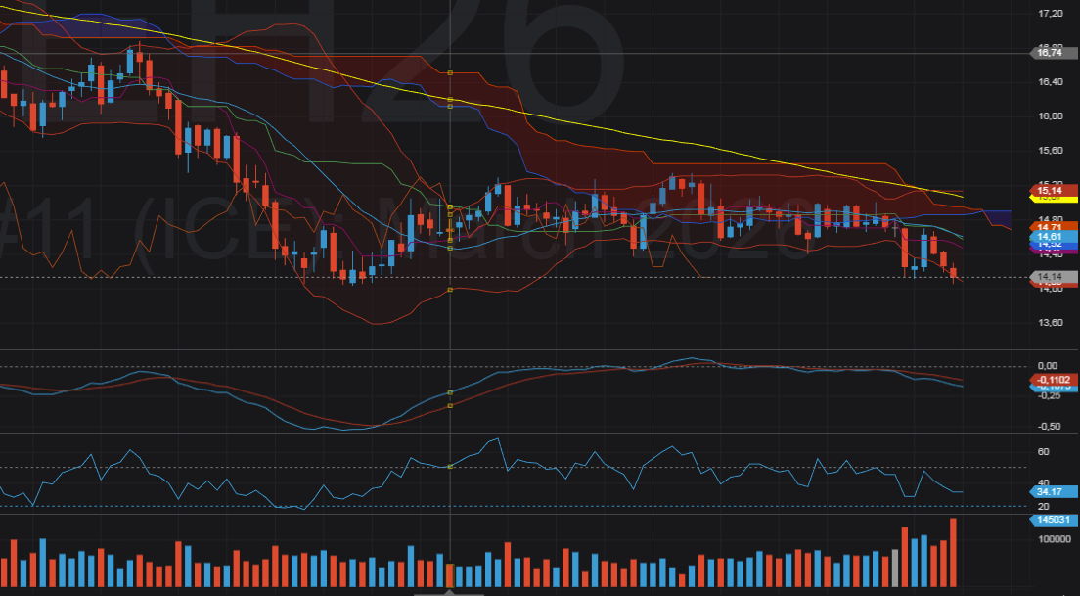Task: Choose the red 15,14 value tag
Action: (1051, 190)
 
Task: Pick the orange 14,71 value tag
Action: (1051, 227)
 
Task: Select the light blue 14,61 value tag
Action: (1051, 237)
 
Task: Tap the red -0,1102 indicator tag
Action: (1053, 379)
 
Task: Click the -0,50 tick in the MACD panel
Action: (1049, 426)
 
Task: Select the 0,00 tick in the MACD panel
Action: (1049, 365)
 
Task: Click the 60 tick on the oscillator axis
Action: (1043, 452)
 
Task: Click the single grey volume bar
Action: (894, 568)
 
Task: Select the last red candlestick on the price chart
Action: (954, 274)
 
